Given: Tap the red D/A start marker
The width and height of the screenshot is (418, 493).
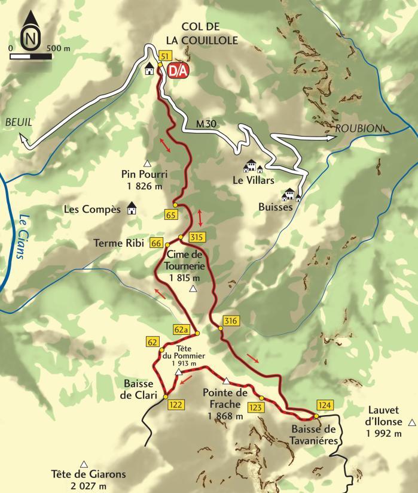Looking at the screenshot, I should tap(178, 70).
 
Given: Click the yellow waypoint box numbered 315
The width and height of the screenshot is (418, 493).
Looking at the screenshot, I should tap(197, 237).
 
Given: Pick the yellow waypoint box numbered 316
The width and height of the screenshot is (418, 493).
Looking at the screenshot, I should tap(231, 321).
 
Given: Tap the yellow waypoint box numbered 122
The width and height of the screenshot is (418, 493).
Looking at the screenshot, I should tap(175, 404).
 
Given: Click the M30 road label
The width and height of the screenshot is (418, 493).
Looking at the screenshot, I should tap(206, 125).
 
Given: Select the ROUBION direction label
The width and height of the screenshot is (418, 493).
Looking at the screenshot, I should tap(358, 128).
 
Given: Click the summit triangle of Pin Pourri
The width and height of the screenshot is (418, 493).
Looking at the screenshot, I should tap(147, 163).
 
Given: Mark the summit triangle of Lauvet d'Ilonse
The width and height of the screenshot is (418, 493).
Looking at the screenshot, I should tap(411, 422).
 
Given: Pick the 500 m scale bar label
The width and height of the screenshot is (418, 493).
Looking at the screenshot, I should tap(59, 47).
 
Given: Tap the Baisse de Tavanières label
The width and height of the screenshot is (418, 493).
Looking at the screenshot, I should tap(315, 434).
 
